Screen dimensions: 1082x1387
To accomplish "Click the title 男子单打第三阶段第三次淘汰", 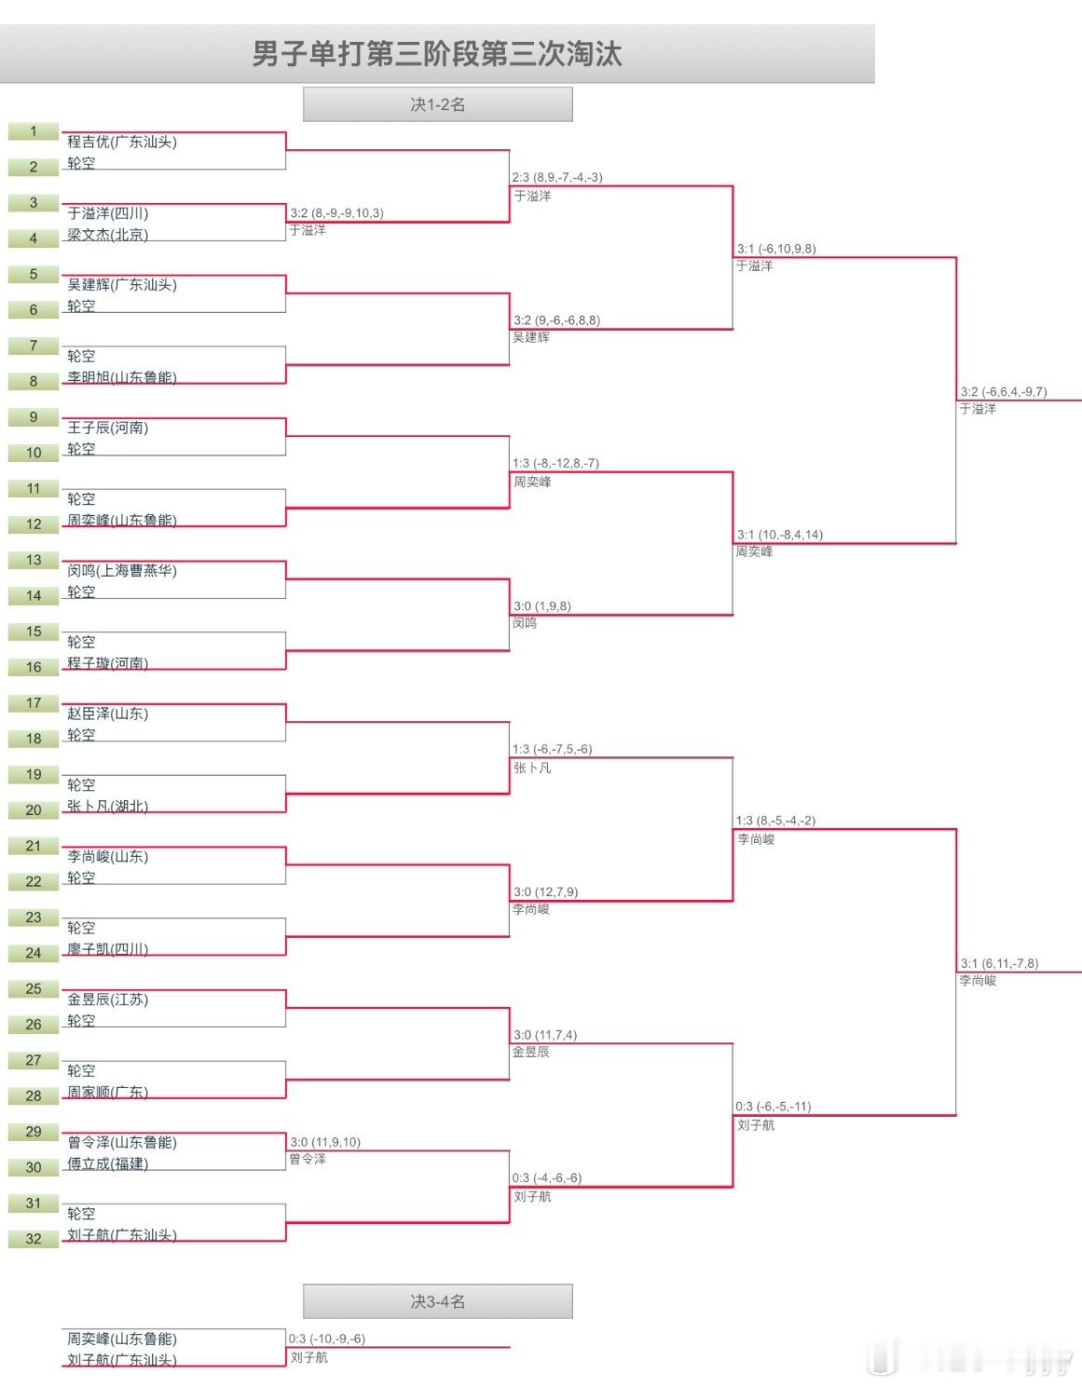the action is [x=437, y=54].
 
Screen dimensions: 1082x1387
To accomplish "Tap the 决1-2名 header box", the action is [x=437, y=104].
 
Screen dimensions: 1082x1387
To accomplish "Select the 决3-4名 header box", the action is [x=437, y=1301].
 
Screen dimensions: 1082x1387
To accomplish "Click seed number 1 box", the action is [x=34, y=131].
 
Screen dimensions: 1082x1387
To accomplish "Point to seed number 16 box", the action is [x=34, y=667].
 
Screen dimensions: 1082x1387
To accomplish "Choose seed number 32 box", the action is [x=34, y=1239].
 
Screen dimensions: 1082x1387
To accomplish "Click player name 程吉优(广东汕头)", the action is [x=121, y=142].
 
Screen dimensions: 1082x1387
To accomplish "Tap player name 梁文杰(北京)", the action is [x=107, y=235].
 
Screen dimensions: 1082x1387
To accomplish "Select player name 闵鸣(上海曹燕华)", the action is [x=121, y=570].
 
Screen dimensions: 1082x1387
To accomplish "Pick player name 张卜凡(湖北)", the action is [x=107, y=807].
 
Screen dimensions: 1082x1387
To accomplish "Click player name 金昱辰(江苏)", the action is [x=107, y=999].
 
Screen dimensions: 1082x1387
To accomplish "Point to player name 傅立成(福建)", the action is [x=107, y=1163].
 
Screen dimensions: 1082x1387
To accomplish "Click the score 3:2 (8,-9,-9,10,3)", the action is [x=336, y=213].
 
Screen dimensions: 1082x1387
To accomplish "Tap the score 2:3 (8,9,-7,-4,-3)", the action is [x=557, y=177].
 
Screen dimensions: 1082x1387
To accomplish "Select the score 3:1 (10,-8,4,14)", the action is [x=780, y=535].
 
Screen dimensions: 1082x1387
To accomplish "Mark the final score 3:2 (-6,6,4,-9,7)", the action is [x=1004, y=392].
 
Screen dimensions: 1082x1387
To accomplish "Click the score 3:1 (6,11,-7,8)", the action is [x=999, y=964].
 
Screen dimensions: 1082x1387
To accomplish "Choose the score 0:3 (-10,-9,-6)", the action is [x=327, y=1339].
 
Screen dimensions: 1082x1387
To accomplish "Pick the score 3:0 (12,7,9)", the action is [x=546, y=892].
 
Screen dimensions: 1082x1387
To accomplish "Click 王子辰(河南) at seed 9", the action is [x=107, y=428].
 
